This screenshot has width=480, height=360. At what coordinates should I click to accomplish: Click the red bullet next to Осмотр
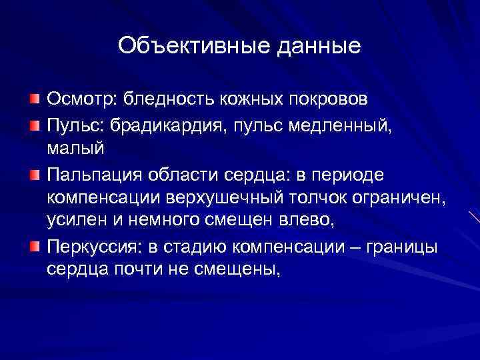point(35,99)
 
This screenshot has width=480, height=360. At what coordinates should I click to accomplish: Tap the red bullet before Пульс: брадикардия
point(35,124)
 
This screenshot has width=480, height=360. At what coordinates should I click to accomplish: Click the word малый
point(75,149)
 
